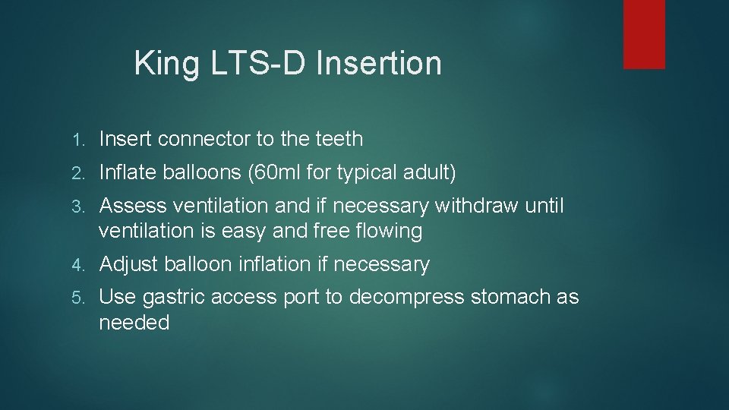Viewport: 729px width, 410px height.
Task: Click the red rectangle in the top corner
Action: [644, 34]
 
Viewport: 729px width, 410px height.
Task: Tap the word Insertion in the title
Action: [378, 62]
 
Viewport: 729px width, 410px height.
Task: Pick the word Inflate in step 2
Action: [127, 173]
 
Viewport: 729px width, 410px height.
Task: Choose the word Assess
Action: [133, 206]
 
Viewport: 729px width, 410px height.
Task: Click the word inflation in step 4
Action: [273, 264]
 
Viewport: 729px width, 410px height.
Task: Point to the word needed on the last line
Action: [134, 323]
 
